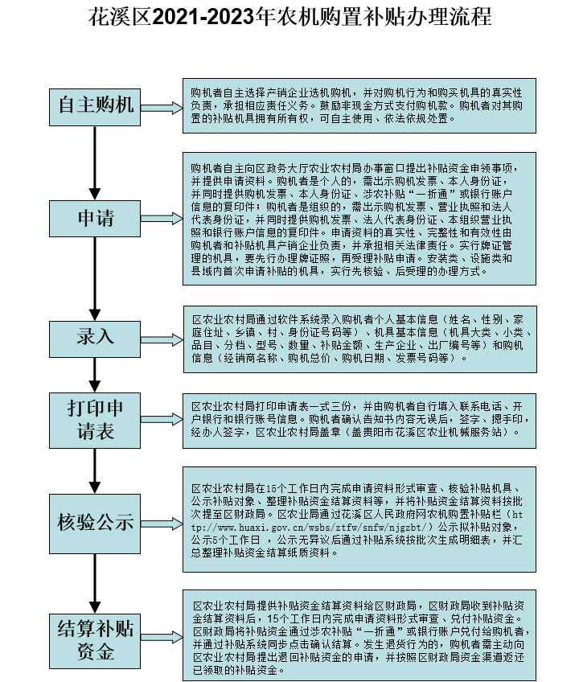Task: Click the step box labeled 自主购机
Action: pos(95,105)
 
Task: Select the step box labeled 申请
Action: pos(95,217)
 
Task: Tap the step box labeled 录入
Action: pos(95,336)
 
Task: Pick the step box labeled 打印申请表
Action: pos(95,417)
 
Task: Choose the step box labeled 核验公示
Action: pos(95,521)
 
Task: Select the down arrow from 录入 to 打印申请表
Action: pos(95,372)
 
